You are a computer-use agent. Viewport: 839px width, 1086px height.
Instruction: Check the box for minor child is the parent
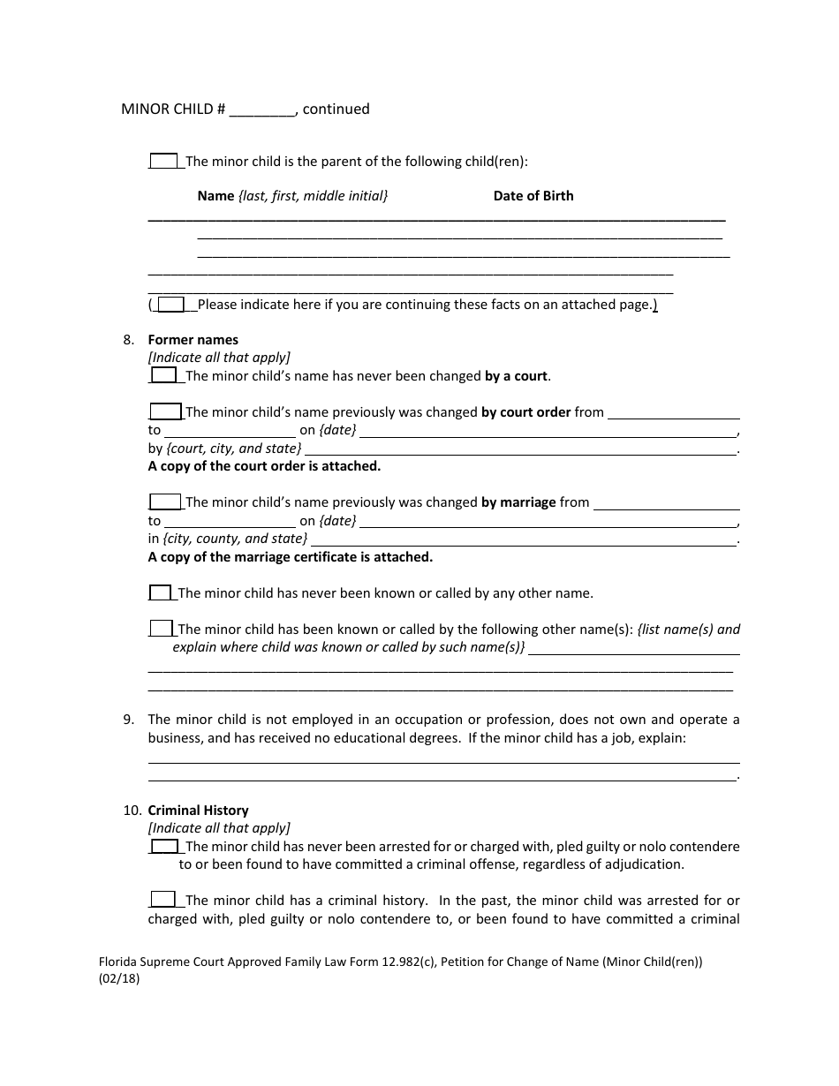163,162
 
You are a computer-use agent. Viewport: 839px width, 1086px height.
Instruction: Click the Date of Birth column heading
533,196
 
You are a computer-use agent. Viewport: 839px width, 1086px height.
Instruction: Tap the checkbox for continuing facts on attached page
170,305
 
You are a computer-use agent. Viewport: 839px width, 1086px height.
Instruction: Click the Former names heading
193,340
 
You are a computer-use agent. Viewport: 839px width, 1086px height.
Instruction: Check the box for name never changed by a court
163,376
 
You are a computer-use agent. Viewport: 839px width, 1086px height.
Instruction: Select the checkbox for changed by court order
164,412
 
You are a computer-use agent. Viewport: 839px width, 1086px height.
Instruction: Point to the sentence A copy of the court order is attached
264,466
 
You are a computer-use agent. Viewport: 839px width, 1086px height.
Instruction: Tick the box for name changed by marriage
164,502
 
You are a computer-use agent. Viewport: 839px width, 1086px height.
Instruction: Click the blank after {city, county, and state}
523,539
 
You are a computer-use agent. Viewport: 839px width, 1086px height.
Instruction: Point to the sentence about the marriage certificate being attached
290,557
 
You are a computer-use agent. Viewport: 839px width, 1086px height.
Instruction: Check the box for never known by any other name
160,593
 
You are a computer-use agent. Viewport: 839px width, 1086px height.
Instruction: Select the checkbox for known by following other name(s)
161,630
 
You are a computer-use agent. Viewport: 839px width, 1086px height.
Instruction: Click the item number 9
129,720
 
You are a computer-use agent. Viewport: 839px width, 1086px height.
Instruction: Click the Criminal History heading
198,811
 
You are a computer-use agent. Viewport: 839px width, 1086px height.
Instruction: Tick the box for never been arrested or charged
163,847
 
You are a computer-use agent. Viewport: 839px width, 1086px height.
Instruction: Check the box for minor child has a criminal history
163,901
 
